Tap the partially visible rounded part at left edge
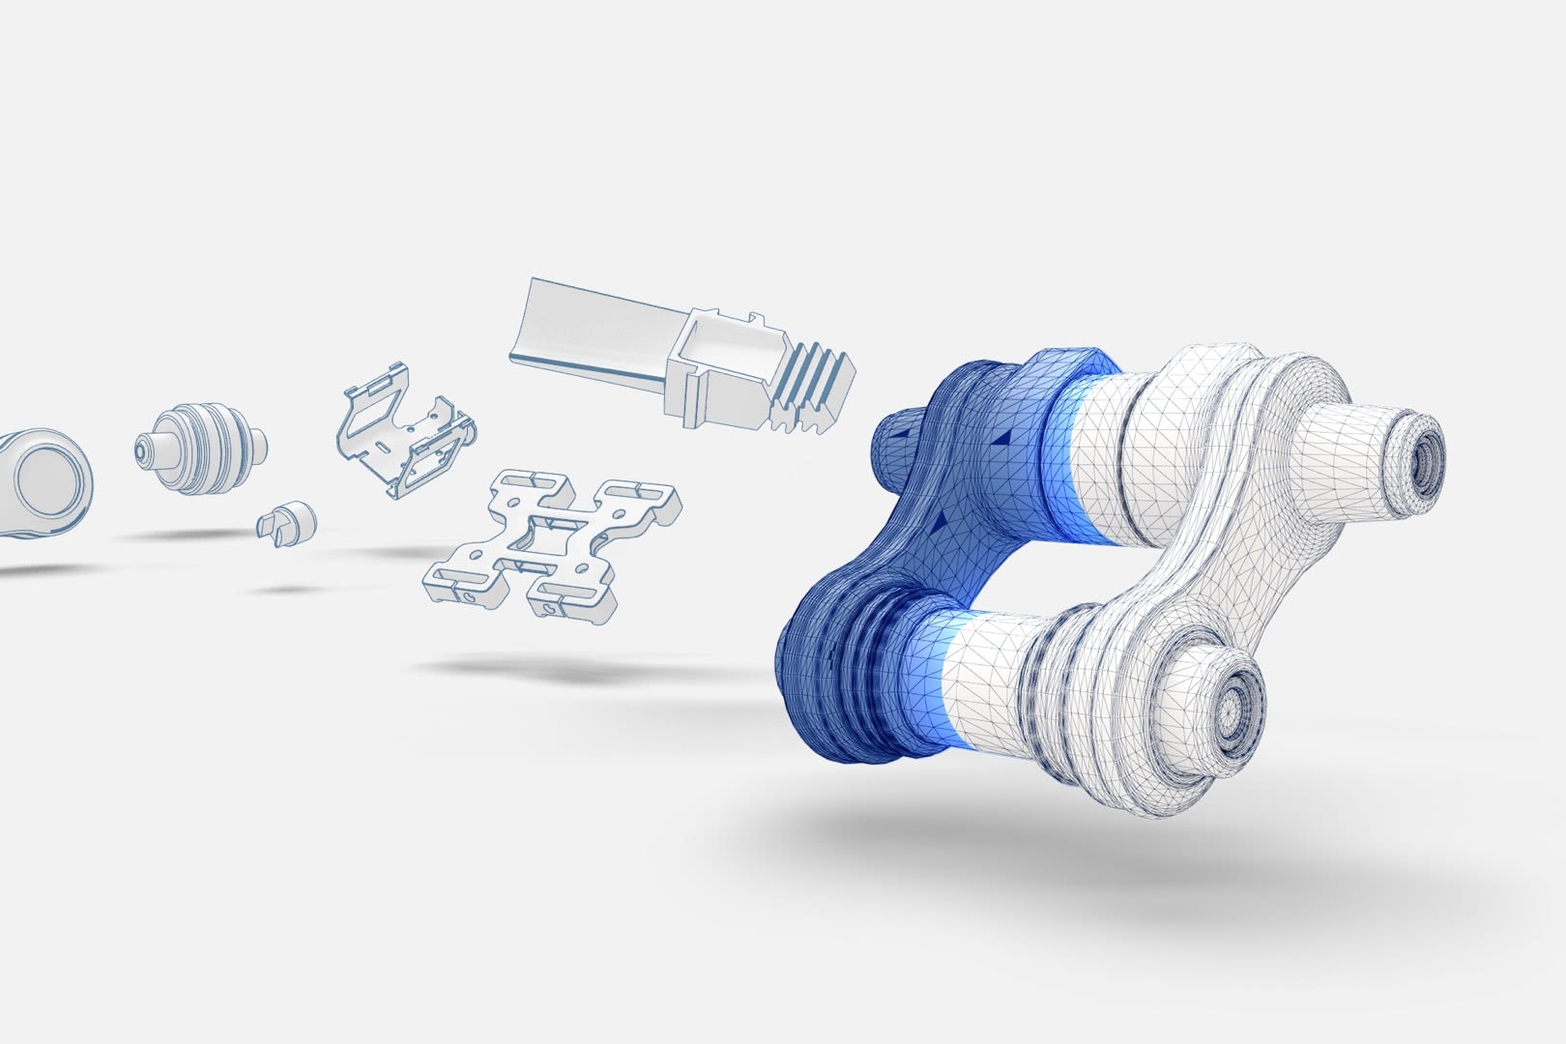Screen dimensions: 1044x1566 [x=43, y=483]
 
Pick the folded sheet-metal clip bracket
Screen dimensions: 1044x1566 [x=406, y=430]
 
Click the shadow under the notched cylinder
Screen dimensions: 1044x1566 [x=290, y=589]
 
